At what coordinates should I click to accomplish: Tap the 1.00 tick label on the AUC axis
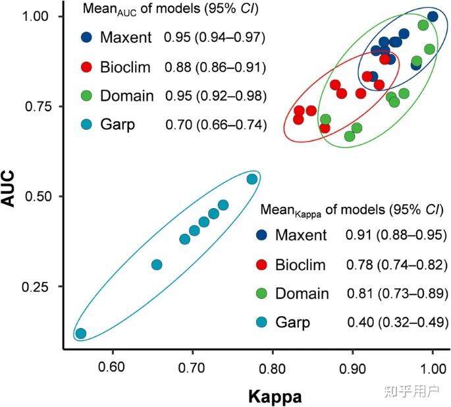[x=43, y=16]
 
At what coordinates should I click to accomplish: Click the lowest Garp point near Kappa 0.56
[x=80, y=333]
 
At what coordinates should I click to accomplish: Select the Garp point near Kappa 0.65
[x=157, y=265]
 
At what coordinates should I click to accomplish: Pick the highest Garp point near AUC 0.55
[x=252, y=179]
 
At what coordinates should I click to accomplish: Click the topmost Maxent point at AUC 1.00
[x=433, y=16]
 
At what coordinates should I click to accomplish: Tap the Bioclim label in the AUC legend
[x=126, y=67]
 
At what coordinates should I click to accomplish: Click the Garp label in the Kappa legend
[x=294, y=323]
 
